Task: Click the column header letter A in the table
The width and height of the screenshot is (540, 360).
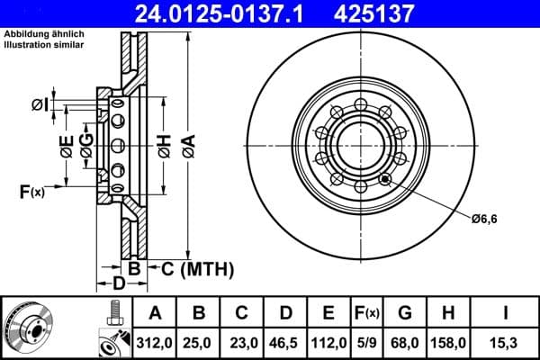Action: pyautogui.click(x=154, y=313)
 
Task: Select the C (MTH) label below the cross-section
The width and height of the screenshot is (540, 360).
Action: pyautogui.click(x=191, y=267)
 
